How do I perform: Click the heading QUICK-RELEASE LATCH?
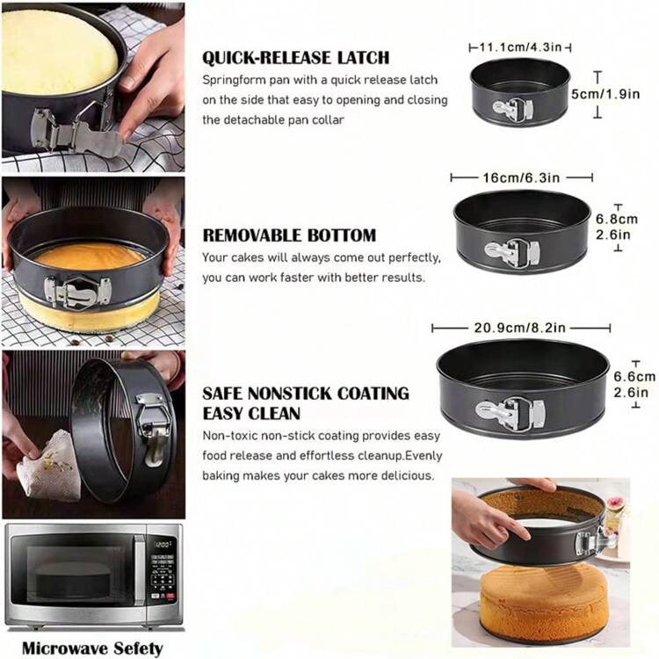tap(296, 58)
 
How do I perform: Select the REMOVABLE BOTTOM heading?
tap(290, 235)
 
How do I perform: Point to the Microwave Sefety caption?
tap(92, 648)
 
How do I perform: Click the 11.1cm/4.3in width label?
tap(520, 47)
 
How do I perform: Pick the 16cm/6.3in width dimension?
tap(521, 177)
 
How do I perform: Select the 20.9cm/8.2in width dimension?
tap(520, 328)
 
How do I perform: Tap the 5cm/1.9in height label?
tap(605, 94)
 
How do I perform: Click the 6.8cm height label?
tap(617, 219)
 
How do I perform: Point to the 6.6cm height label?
tap(634, 377)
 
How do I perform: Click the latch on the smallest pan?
tap(513, 110)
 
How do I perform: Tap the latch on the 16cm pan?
tap(512, 252)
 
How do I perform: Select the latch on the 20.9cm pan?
tap(511, 413)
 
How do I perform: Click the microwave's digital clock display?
tap(162, 546)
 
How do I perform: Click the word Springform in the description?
tap(233, 80)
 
